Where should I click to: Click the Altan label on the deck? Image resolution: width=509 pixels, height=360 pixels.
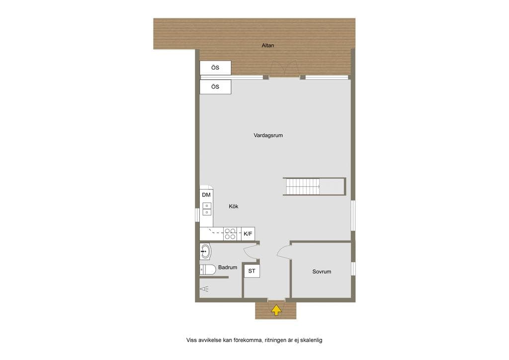tap(268, 45)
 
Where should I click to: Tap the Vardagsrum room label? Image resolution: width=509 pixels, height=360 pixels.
tap(268, 135)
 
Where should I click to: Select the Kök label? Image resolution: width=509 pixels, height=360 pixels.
tap(234, 206)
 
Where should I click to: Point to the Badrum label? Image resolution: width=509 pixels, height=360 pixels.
tap(228, 267)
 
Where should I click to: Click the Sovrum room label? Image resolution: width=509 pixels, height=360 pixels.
tap(322, 271)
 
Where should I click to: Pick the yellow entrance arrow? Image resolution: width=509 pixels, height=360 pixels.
tap(276, 310)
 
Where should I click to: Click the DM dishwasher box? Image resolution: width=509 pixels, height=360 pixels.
tap(206, 195)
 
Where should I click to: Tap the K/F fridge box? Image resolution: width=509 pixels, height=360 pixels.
tap(248, 234)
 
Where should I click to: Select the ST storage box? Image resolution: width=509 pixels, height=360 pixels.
tap(252, 271)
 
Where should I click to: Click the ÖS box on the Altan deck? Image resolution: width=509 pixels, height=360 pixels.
tap(215, 68)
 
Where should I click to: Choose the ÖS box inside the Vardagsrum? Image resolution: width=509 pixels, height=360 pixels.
tap(215, 87)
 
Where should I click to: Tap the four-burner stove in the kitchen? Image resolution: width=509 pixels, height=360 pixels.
tap(230, 234)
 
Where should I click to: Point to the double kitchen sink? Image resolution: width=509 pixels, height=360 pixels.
tap(207, 209)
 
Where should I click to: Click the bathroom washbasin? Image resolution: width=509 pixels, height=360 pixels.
tap(205, 251)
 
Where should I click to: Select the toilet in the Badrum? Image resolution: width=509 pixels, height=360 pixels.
tap(208, 270)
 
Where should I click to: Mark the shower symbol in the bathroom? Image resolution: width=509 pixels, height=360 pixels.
tap(204, 288)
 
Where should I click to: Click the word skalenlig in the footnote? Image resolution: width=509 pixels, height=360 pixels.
tap(311, 340)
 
